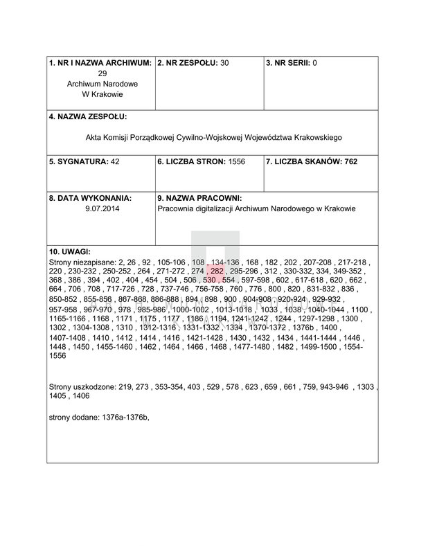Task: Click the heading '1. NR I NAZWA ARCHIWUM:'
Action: (100, 63)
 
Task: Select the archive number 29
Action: (102, 73)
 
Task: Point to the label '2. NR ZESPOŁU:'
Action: (188, 63)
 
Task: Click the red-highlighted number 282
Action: (217, 272)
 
